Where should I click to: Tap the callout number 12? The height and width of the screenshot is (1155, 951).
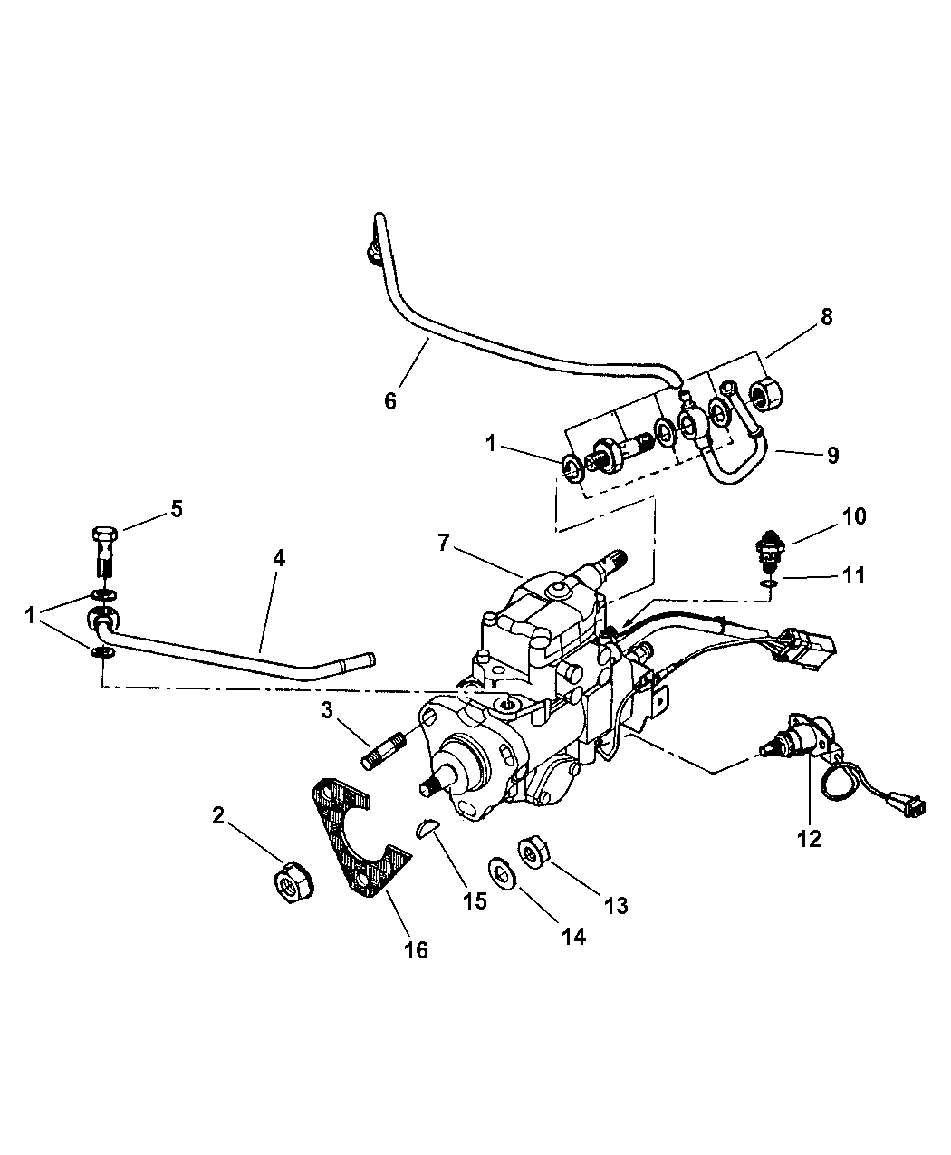(809, 839)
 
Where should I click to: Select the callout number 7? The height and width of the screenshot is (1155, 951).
(443, 543)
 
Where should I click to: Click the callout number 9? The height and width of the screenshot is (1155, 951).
(832, 455)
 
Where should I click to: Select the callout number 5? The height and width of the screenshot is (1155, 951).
(177, 509)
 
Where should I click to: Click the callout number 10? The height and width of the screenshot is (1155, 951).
(853, 516)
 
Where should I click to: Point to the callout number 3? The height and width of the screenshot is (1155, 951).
(327, 710)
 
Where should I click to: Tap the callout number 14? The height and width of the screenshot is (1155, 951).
(573, 937)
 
